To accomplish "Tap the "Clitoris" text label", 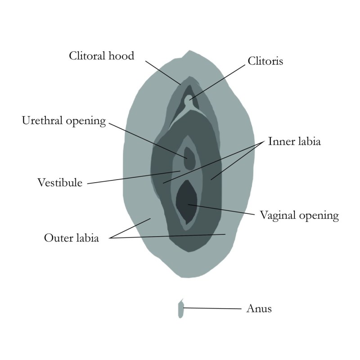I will (x=265, y=61).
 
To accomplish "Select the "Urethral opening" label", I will (x=63, y=121).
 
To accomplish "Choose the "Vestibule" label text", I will (x=59, y=183).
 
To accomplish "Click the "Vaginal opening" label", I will (x=299, y=216).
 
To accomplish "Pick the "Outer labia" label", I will (x=71, y=238).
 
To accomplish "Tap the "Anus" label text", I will (x=259, y=309).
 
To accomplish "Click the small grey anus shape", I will (x=181, y=309).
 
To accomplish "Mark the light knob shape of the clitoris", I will (x=193, y=98).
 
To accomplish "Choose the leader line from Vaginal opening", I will (x=223, y=209).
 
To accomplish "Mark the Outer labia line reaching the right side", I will (x=171, y=237).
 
